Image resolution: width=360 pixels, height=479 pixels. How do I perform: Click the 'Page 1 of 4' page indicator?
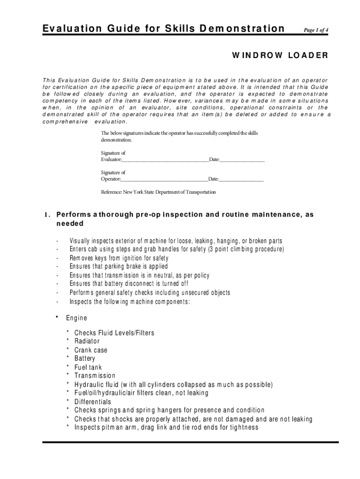click(x=316, y=30)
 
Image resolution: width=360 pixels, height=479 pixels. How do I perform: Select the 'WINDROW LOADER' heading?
click(x=280, y=56)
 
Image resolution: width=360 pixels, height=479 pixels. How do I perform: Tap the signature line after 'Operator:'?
click(x=164, y=180)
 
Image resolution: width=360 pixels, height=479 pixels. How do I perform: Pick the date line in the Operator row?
click(x=241, y=180)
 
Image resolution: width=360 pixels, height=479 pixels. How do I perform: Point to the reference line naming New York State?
click(x=158, y=192)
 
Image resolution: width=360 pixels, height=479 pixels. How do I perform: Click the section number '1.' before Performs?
click(x=47, y=215)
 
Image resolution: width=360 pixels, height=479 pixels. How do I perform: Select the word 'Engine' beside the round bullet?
click(x=76, y=318)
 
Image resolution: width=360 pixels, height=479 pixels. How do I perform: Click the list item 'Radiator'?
click(x=87, y=341)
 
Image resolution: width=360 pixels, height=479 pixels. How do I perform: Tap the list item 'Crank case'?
click(x=91, y=350)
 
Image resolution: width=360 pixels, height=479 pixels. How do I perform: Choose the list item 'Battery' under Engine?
click(x=85, y=359)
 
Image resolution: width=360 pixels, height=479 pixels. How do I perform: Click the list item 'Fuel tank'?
click(x=88, y=368)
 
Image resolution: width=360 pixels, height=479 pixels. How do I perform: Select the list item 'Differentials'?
click(x=93, y=402)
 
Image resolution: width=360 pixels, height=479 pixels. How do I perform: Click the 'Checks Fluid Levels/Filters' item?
click(x=114, y=333)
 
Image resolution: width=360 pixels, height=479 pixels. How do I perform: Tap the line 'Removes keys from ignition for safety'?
click(x=119, y=258)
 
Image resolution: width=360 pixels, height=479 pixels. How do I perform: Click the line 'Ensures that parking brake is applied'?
click(x=118, y=267)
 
